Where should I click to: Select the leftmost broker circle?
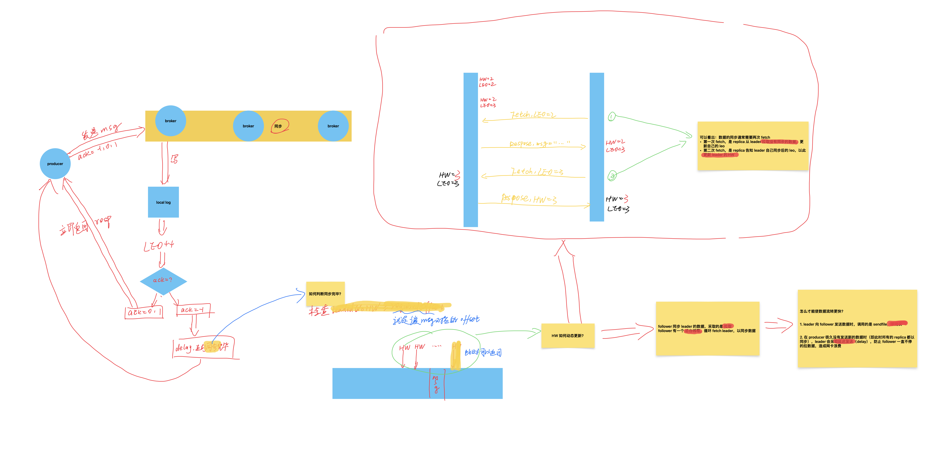point(171,121)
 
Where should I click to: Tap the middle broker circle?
point(248,126)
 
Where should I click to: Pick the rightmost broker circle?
point(333,126)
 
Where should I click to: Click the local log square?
point(163,202)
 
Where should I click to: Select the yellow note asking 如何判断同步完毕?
point(325,293)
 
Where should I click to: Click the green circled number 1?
point(612,117)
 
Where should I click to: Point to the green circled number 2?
point(612,176)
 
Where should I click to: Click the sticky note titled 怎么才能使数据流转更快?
point(857,328)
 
